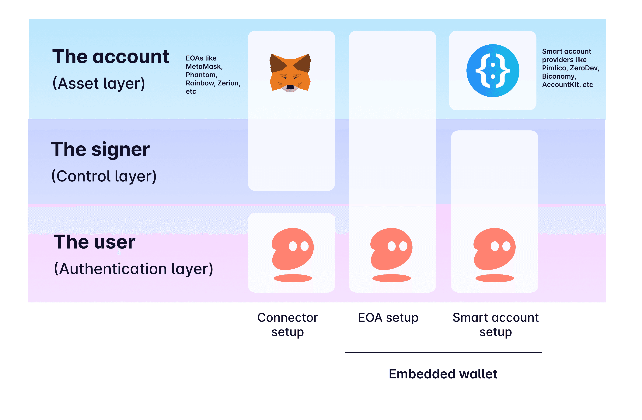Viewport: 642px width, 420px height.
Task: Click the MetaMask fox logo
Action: (x=290, y=73)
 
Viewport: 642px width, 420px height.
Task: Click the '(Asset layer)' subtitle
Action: (x=99, y=83)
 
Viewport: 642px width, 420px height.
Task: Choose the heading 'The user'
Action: (x=94, y=242)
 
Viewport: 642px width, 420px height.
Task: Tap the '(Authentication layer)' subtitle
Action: (x=134, y=269)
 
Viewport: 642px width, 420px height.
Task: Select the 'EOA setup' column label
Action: (x=388, y=318)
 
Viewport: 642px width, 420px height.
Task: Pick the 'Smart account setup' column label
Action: (x=496, y=325)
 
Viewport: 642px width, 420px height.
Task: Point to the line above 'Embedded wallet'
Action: (x=443, y=353)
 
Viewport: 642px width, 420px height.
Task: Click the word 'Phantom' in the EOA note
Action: (x=201, y=75)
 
